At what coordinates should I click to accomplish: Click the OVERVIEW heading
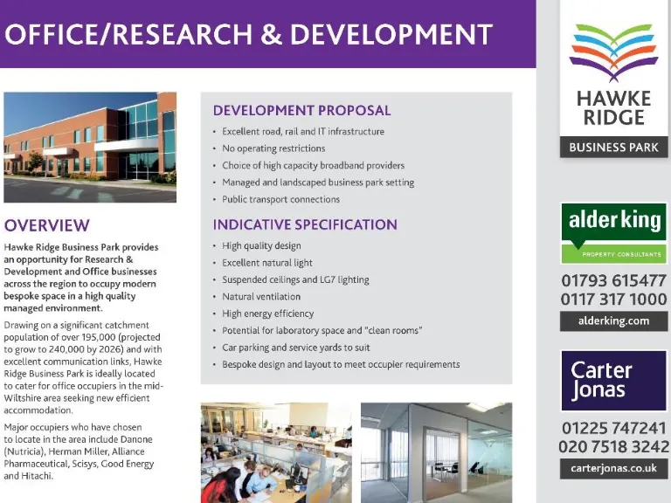(x=47, y=225)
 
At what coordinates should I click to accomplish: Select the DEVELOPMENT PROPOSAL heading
(x=301, y=110)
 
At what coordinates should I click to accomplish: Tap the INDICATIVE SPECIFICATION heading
(x=305, y=224)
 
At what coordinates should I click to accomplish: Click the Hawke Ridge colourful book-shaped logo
(x=613, y=52)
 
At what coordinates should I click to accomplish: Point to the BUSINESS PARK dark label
(x=613, y=147)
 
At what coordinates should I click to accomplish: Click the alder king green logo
(x=614, y=233)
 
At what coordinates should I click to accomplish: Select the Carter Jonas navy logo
(x=614, y=381)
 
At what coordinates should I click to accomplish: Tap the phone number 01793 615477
(x=614, y=280)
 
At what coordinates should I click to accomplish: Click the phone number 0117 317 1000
(x=614, y=299)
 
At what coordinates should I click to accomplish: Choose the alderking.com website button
(x=613, y=320)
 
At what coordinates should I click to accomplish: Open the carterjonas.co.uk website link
(x=613, y=468)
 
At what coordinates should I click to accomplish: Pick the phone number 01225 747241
(x=614, y=428)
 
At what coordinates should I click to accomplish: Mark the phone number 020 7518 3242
(x=614, y=446)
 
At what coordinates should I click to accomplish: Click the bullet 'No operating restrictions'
(x=273, y=148)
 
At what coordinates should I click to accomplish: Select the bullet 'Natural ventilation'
(x=261, y=296)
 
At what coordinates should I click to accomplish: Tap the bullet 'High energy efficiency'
(x=268, y=314)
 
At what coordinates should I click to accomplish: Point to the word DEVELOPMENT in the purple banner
(x=391, y=34)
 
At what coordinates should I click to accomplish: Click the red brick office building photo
(x=90, y=147)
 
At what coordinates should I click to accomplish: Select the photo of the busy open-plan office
(x=276, y=452)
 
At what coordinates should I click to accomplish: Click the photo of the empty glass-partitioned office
(x=437, y=452)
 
